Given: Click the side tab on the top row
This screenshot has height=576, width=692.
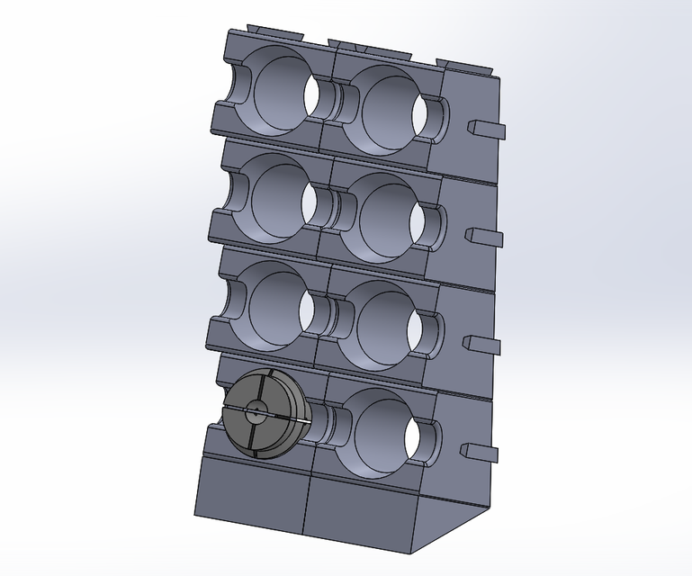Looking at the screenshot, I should point(486,130).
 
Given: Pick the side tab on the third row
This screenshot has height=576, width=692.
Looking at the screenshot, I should point(482,344).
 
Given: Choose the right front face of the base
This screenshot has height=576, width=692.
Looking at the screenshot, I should point(360,513).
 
